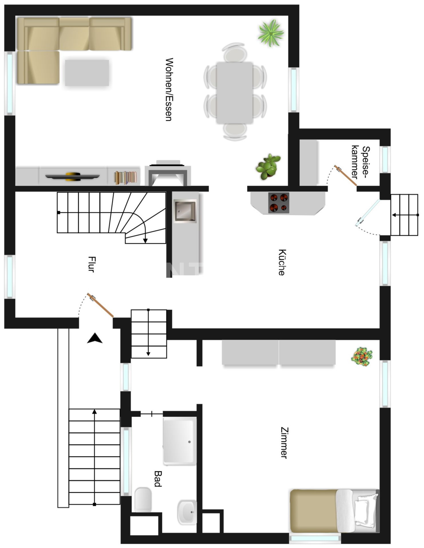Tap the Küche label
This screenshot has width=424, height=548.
click(282, 262)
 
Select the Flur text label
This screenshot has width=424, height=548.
click(92, 264)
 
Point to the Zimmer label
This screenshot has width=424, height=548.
click(284, 443)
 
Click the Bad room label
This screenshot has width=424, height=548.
click(158, 479)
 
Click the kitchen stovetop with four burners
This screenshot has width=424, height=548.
click(279, 203)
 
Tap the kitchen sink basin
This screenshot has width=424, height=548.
click(185, 211)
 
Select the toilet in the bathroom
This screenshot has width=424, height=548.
click(143, 500)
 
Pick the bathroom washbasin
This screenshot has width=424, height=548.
click(187, 512)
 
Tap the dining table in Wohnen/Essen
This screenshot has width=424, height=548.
click(235, 93)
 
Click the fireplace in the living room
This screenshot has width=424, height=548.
click(168, 173)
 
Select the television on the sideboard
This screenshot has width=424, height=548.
click(72, 176)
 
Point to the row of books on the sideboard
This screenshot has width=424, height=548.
click(125, 177)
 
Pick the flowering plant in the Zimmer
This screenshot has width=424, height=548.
click(362, 357)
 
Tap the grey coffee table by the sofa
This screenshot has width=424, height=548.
click(87, 73)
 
